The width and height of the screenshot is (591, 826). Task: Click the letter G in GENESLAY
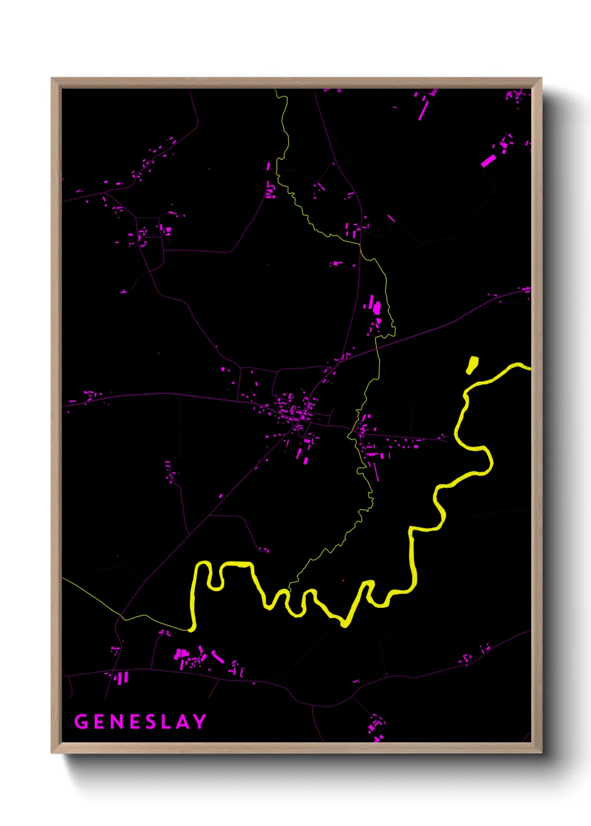tap(82, 722)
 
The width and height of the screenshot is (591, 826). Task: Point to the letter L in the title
tap(166, 722)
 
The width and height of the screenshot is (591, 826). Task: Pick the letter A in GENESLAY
tap(182, 722)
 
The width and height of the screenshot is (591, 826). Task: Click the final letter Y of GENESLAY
tap(199, 722)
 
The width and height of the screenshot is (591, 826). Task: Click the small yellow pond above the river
tap(473, 364)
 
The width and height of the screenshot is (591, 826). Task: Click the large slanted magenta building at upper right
tap(488, 161)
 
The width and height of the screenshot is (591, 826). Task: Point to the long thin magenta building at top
tap(423, 111)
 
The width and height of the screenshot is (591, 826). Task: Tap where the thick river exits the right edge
tap(527, 367)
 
